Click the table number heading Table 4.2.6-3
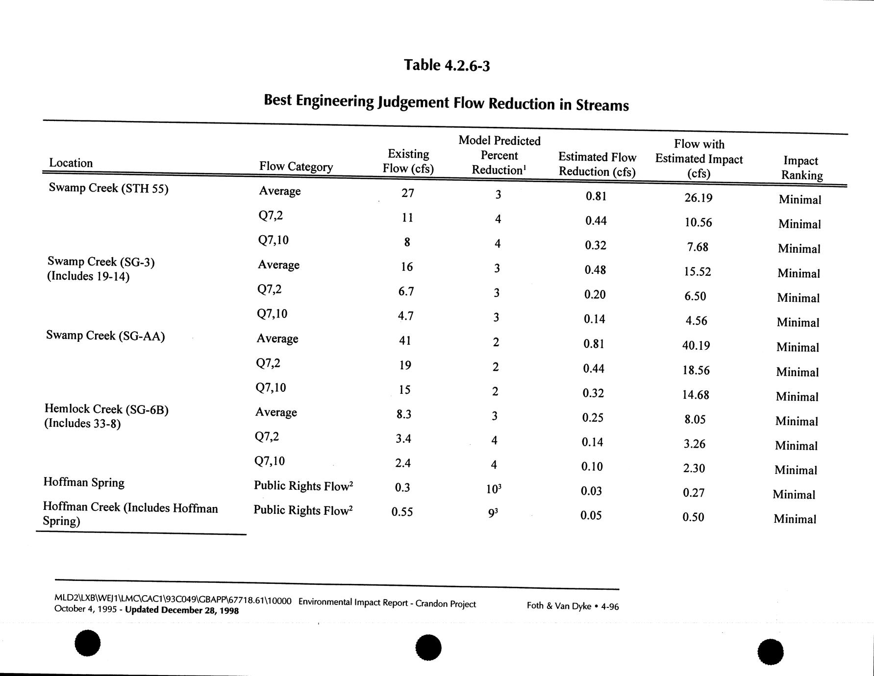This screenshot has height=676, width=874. (x=447, y=65)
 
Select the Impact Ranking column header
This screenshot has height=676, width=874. (x=801, y=168)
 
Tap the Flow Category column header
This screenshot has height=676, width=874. (x=296, y=167)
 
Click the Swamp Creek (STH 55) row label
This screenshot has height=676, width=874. (x=108, y=188)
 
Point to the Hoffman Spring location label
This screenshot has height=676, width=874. (x=84, y=483)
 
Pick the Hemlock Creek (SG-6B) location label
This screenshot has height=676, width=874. (x=106, y=410)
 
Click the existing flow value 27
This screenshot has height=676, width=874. (x=408, y=193)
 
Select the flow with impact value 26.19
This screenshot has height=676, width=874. (x=698, y=198)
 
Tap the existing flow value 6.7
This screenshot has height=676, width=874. (x=406, y=291)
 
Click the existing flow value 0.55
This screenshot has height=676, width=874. (x=402, y=512)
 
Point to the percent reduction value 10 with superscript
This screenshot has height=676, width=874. (x=494, y=489)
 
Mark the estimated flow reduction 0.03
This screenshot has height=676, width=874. (x=591, y=491)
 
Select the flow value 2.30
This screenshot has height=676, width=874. (x=694, y=468)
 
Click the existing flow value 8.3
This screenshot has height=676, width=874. (x=403, y=414)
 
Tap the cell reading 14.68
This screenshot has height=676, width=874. (x=696, y=395)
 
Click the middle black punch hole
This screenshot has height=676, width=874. (x=428, y=648)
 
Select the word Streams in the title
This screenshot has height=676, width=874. (x=602, y=105)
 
